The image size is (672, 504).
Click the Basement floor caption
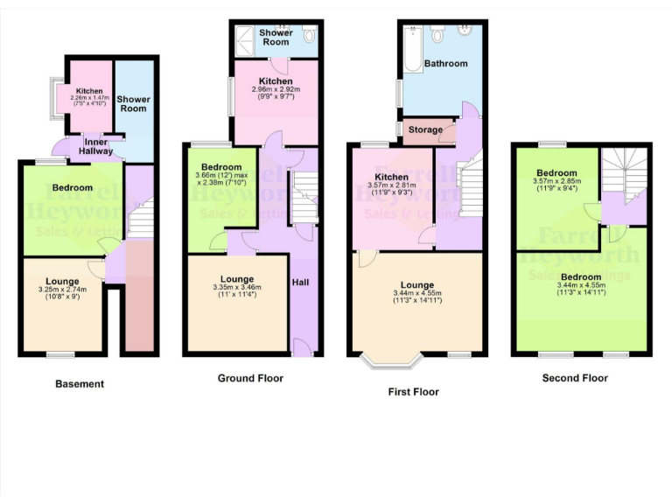(x=80, y=383)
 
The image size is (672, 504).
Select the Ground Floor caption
(x=250, y=378)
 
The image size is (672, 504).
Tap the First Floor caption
(x=413, y=392)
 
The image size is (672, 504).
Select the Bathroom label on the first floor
(x=445, y=64)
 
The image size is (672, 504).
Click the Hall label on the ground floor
(x=300, y=283)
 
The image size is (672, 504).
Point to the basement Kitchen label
(x=89, y=91)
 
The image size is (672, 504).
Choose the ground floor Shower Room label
(x=276, y=37)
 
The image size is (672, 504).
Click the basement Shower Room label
(x=133, y=103)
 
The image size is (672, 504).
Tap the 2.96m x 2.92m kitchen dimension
(x=276, y=89)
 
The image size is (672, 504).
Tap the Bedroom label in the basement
(x=72, y=188)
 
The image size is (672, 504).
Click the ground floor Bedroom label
(x=221, y=167)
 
